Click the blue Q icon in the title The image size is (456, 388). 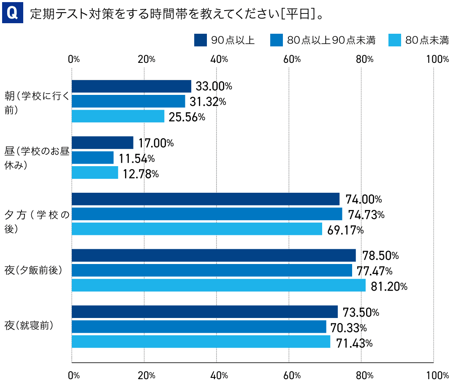[12, 14]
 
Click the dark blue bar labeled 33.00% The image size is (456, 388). [131, 86]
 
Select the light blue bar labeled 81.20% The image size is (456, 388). [218, 286]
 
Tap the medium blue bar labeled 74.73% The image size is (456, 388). [207, 214]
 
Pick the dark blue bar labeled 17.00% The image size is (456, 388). [103, 143]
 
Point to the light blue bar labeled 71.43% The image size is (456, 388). [201, 342]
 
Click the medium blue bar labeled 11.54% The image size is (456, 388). [93, 158]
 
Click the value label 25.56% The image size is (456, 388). [187, 117]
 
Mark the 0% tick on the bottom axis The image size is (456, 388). [74, 375]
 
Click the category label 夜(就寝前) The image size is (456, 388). [29, 326]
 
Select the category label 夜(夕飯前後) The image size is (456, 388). [33, 270]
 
